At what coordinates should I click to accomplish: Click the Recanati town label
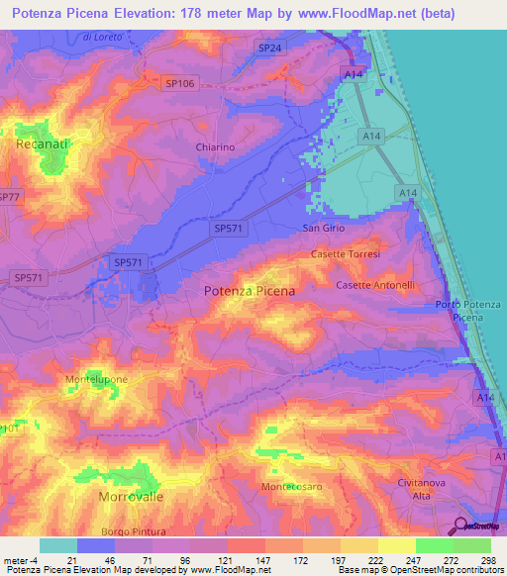pyautogui.click(x=41, y=144)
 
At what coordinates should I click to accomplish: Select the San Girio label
pyautogui.click(x=322, y=228)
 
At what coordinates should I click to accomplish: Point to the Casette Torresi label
pyautogui.click(x=346, y=253)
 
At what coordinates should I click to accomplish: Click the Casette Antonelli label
pyautogui.click(x=375, y=285)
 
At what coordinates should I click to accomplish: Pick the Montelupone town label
pyautogui.click(x=96, y=379)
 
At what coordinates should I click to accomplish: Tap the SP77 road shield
pyautogui.click(x=8, y=198)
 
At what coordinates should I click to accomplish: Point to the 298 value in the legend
pyautogui.click(x=487, y=561)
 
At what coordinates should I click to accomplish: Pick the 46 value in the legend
pyautogui.click(x=96, y=561)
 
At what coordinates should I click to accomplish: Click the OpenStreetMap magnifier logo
pyautogui.click(x=462, y=526)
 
